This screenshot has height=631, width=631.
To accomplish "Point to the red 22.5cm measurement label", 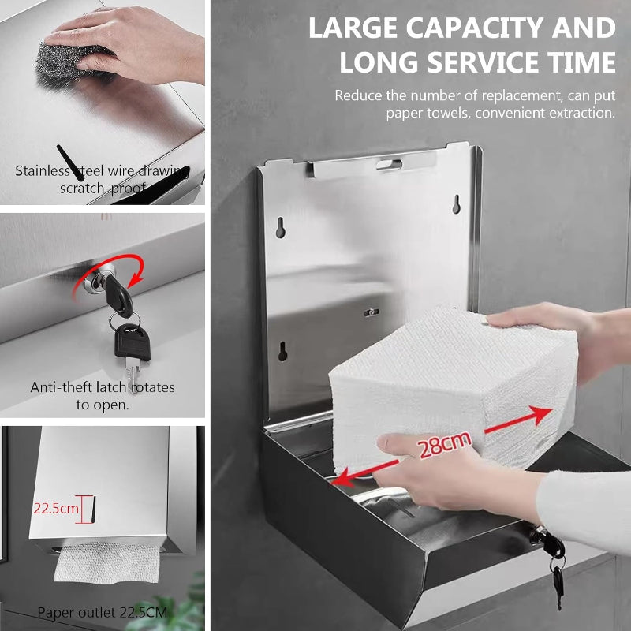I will [x=55, y=509].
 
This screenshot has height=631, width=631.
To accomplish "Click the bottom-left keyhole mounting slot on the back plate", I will [x=282, y=351].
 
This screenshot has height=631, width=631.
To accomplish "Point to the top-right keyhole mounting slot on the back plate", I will [x=456, y=204].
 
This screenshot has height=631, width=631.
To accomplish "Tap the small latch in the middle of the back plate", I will [x=372, y=312].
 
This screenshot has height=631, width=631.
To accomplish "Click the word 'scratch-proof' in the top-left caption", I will [x=103, y=188].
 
